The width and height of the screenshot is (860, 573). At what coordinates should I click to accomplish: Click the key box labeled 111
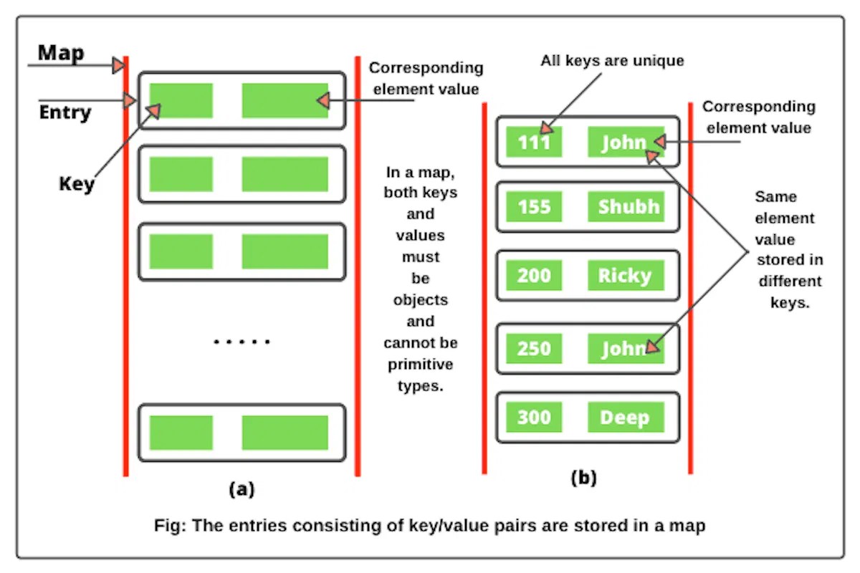point(534,142)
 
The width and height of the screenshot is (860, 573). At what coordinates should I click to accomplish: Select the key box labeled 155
point(534,206)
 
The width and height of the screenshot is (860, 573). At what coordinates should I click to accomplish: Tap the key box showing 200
point(534,275)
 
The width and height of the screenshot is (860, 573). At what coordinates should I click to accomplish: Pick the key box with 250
point(534,348)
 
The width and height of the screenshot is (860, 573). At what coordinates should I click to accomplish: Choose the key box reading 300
point(534,417)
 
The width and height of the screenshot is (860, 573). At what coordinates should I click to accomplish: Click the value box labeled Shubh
point(626,206)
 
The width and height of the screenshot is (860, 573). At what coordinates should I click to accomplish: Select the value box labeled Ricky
point(626,275)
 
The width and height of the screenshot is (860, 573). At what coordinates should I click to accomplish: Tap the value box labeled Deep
point(626,417)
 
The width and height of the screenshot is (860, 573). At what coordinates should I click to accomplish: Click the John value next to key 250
point(626,348)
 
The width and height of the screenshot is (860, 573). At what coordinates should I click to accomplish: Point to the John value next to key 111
point(626,142)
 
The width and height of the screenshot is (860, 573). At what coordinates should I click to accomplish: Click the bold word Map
point(61,53)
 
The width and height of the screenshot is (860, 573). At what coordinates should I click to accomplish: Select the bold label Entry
point(65,112)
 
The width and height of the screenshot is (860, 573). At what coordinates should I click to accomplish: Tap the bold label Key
point(77,184)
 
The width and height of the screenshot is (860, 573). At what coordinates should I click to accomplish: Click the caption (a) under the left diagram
point(242,489)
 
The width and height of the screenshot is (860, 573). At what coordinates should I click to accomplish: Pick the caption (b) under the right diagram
point(584,478)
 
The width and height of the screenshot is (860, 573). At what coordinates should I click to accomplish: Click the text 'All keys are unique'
point(612,61)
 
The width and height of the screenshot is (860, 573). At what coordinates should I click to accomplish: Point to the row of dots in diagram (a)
point(242,341)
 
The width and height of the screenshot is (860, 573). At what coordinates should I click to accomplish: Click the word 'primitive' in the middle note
point(421,365)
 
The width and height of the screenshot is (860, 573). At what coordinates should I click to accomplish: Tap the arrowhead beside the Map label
point(119,65)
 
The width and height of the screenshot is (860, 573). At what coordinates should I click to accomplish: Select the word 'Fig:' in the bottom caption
point(170,526)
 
